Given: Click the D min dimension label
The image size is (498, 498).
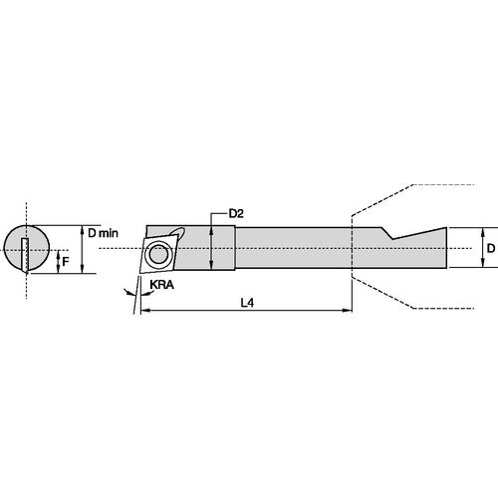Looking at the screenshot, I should coord(105,232).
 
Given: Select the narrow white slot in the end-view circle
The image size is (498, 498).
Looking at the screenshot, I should coord(21,253).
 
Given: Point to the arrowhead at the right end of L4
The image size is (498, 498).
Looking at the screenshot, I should coord(346,311).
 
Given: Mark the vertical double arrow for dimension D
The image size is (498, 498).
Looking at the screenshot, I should coord(477,247).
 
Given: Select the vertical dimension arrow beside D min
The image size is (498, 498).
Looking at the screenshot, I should coord(81,247).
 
